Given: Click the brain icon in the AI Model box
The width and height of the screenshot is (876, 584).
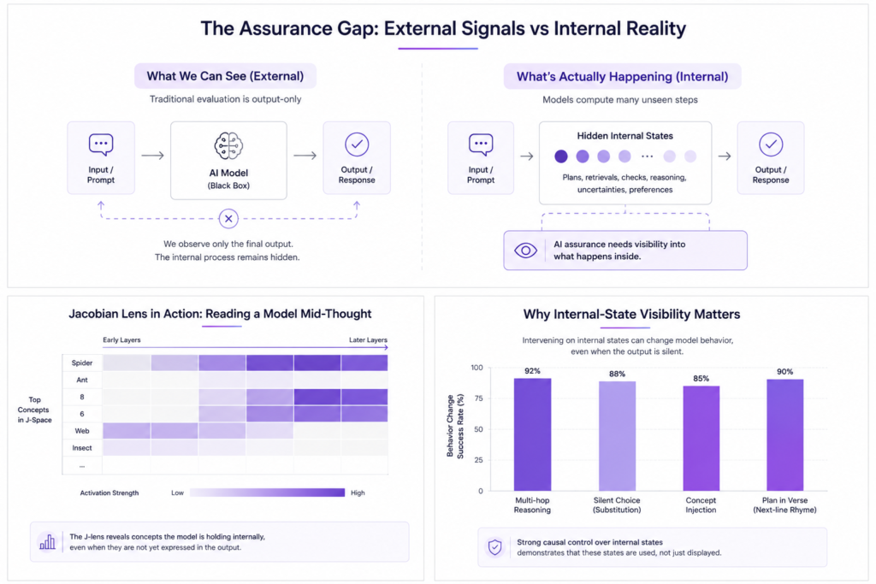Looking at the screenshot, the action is pyautogui.click(x=228, y=145).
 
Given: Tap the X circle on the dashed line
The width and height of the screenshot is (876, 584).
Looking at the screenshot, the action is pyautogui.click(x=228, y=218).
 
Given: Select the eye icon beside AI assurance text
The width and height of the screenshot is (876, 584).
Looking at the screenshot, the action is pyautogui.click(x=525, y=251).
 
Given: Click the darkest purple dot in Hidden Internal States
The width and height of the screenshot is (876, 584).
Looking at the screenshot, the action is pyautogui.click(x=561, y=156).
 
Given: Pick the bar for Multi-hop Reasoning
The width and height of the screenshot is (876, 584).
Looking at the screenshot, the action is pyautogui.click(x=532, y=434).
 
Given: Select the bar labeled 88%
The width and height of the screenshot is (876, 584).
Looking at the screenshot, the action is pyautogui.click(x=617, y=436).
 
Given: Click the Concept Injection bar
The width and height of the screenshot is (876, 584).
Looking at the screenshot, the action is pyautogui.click(x=701, y=439).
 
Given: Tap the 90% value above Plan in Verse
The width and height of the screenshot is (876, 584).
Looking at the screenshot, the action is pyautogui.click(x=784, y=371).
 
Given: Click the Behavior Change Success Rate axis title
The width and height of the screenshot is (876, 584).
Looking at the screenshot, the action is pyautogui.click(x=455, y=427).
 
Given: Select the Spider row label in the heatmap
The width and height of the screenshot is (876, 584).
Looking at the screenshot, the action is pyautogui.click(x=81, y=363).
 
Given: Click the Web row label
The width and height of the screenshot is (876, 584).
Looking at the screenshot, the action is pyautogui.click(x=82, y=431).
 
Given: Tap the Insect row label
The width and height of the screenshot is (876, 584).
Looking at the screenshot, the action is pyautogui.click(x=81, y=448).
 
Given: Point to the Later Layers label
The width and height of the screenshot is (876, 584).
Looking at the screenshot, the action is pyautogui.click(x=368, y=340).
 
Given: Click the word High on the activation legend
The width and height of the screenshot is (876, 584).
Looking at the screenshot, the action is pyautogui.click(x=358, y=493).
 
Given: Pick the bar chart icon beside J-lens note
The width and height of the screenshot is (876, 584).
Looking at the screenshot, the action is pyautogui.click(x=48, y=541).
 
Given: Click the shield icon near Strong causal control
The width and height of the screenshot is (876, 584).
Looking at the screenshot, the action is pyautogui.click(x=495, y=547).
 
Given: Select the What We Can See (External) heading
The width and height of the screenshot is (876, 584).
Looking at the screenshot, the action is pyautogui.click(x=225, y=76).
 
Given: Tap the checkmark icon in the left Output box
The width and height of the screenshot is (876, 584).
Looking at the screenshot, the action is pyautogui.click(x=357, y=145).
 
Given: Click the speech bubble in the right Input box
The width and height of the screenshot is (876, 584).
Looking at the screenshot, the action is pyautogui.click(x=481, y=145).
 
